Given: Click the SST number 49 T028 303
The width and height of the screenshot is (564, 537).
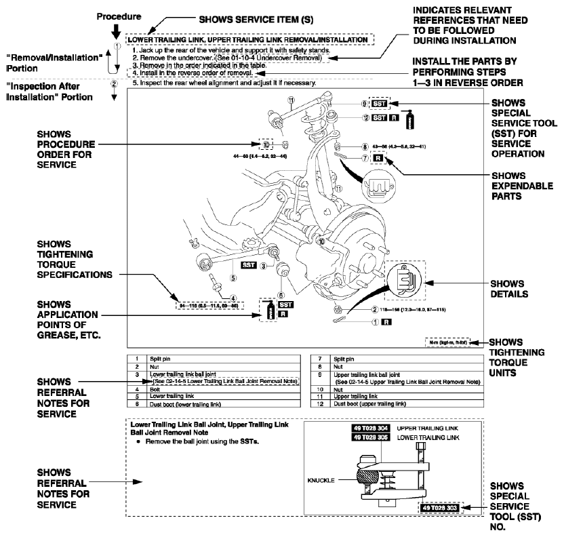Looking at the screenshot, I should tap(447, 508).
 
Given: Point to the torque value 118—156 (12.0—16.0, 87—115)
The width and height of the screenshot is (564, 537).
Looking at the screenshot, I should tap(377, 309).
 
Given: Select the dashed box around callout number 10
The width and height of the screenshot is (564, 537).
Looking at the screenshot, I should tap(266, 144).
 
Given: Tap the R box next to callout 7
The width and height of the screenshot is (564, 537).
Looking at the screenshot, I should tap(378, 157).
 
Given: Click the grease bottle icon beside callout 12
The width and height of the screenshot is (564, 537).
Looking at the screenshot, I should tap(408, 121).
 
